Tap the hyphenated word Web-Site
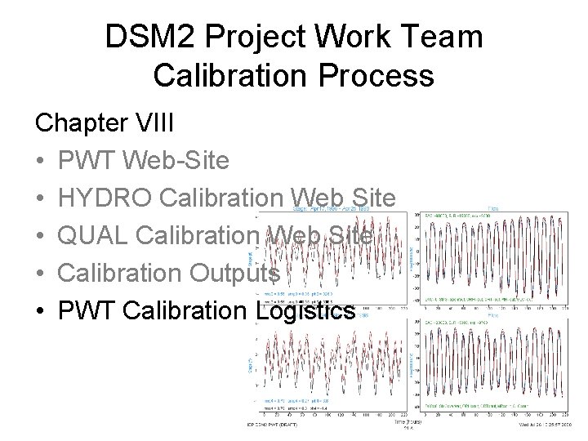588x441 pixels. pyautogui.click(x=185, y=161)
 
